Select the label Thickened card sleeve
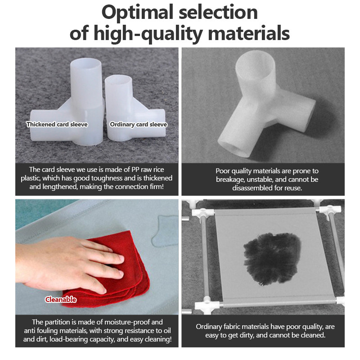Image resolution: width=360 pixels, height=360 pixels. [57, 125]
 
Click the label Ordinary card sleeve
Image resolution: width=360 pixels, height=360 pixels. [139, 125]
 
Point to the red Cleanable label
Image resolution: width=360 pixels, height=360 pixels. [61, 300]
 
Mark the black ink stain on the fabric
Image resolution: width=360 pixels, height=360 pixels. [272, 258]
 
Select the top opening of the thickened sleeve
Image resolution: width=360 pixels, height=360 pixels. [86, 63]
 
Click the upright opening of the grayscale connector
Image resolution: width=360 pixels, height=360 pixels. [255, 62]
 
